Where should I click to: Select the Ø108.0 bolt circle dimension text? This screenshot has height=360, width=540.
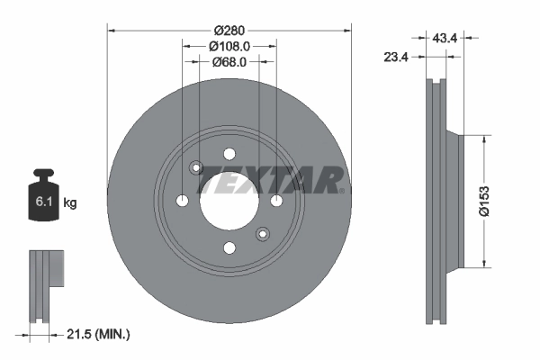229,46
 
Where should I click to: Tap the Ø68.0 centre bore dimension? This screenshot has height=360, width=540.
229,62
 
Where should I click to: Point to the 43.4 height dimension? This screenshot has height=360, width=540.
445,37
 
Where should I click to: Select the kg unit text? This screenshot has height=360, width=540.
70,203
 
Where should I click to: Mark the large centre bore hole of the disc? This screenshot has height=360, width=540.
229,200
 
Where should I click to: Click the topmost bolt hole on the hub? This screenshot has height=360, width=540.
229,152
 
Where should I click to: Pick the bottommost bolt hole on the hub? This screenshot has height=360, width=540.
229,247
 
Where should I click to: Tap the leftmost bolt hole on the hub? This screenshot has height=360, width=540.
182,200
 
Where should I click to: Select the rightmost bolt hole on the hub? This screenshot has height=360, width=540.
276,200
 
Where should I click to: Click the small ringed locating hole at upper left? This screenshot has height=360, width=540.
195,166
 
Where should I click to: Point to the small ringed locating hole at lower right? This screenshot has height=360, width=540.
263,234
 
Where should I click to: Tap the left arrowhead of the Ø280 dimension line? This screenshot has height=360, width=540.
112,29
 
